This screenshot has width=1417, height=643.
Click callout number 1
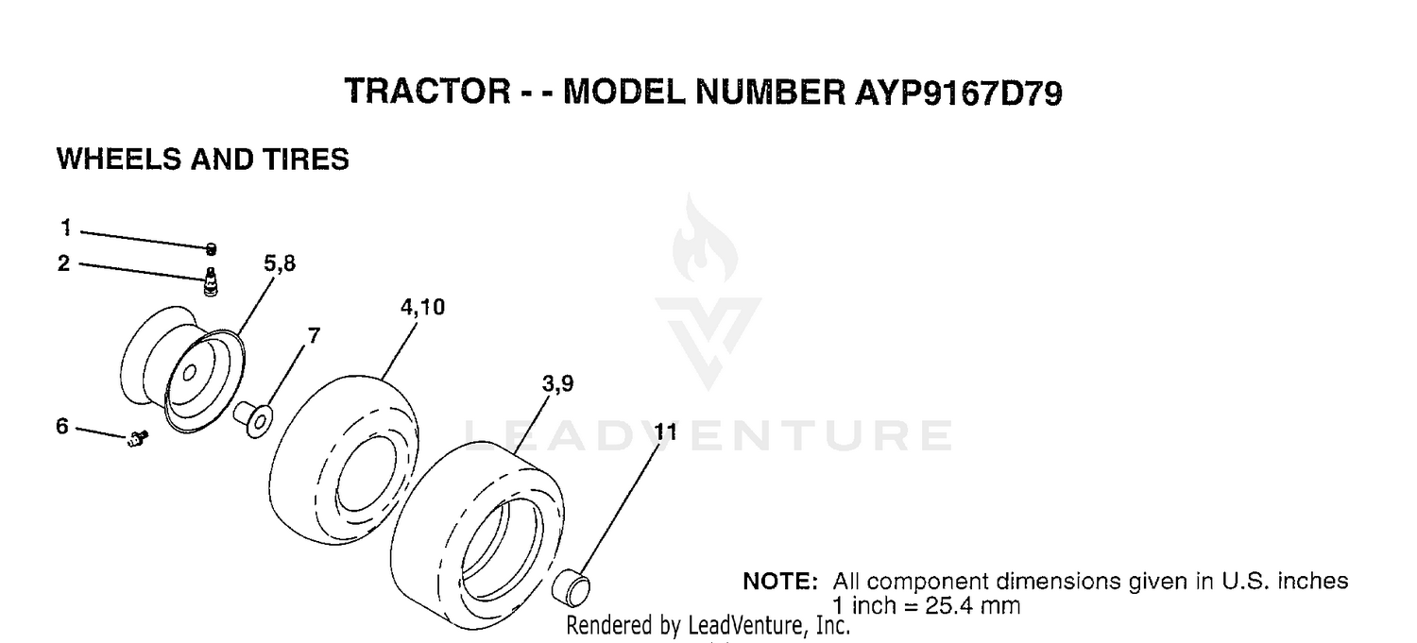[x=66, y=228]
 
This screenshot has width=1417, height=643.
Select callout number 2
[x=63, y=263]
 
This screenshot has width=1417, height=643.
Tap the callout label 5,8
[x=280, y=263]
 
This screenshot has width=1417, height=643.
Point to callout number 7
[x=314, y=335]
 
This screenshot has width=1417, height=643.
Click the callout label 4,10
[x=422, y=307]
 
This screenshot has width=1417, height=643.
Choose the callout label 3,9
[x=558, y=383]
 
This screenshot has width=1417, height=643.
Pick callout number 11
[x=665, y=431]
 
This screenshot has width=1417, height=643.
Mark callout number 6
[x=62, y=426]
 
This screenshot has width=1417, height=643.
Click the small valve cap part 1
[x=212, y=249]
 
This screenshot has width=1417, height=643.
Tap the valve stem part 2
[x=211, y=282]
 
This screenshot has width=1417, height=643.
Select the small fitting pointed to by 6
[x=137, y=438]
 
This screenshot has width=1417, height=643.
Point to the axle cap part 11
[x=572, y=587]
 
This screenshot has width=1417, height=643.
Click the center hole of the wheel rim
[x=189, y=374]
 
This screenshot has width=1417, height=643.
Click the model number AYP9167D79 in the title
[x=959, y=93]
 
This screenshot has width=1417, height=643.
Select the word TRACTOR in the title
[x=428, y=92]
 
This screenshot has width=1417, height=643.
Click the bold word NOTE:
[x=780, y=581]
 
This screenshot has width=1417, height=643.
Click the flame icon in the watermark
[x=705, y=239]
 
